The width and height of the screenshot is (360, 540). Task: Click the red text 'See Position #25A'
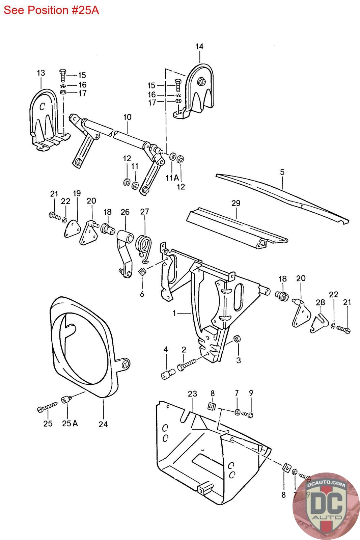point(51,10)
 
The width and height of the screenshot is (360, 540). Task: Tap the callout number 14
point(199,47)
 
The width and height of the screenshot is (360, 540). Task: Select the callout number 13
point(41,73)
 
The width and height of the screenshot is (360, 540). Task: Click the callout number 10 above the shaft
point(127,117)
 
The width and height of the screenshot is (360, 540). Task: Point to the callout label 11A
point(172,178)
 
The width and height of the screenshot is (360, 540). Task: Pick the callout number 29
point(236,203)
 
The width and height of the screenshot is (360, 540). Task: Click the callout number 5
point(282,172)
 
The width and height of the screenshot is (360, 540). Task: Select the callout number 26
point(125,212)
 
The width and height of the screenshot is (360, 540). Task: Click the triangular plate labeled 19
point(71,228)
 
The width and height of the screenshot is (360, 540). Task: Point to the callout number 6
point(142,294)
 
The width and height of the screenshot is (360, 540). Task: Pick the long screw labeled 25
point(48,407)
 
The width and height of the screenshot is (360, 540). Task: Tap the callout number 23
point(192,394)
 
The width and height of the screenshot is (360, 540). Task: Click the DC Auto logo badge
point(326,506)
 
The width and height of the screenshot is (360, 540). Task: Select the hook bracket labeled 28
point(319,323)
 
